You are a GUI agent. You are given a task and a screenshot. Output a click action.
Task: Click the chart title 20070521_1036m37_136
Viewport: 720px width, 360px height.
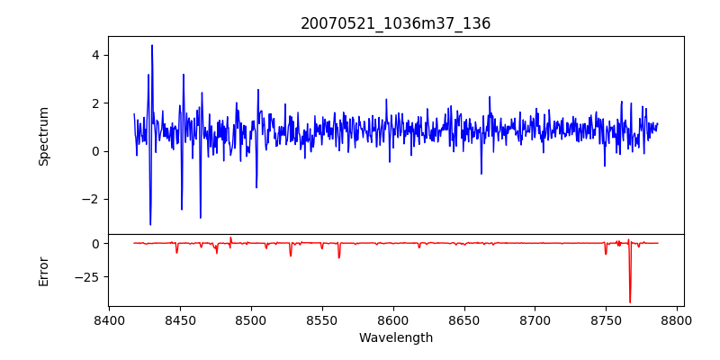[x=396, y=23]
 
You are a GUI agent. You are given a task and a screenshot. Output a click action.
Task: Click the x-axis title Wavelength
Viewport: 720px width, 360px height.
[x=396, y=337]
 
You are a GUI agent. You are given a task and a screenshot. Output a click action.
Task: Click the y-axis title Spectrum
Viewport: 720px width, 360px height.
[x=44, y=135]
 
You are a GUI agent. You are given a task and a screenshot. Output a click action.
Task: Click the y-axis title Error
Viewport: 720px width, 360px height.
[x=44, y=270]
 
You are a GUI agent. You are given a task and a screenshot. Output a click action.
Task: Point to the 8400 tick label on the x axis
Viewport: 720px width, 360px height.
[x=109, y=320]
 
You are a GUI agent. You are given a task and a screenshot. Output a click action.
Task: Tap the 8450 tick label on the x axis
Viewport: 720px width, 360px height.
[x=180, y=320]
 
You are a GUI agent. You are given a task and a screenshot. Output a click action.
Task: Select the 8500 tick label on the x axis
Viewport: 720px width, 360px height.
[x=251, y=320]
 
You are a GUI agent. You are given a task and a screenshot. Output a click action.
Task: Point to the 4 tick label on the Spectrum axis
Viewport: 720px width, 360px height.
[x=94, y=55]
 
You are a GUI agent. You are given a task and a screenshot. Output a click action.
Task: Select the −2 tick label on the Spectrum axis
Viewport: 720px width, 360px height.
[x=90, y=200]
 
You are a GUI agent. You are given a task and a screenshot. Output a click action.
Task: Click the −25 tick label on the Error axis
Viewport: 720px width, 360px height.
[x=86, y=277]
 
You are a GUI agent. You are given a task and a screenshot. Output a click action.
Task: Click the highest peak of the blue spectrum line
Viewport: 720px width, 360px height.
[x=152, y=45]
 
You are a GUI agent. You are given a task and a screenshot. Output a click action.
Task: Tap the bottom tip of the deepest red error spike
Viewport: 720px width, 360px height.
[x=630, y=302]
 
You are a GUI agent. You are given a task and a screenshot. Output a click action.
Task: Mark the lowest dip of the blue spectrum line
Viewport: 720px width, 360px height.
[x=150, y=225]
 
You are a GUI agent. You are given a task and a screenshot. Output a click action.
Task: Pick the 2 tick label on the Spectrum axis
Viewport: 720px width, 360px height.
[x=94, y=103]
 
